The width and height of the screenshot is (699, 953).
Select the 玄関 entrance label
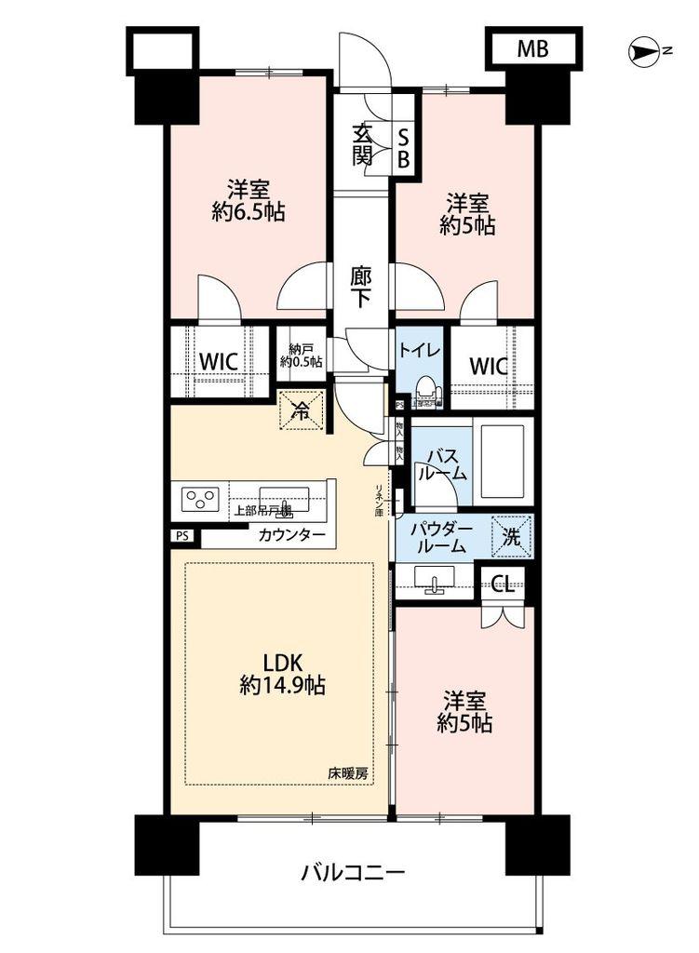tap(363, 145)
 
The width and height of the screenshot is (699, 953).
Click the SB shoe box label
tap(404, 147)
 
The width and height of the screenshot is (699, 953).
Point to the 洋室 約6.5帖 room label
tap(247, 199)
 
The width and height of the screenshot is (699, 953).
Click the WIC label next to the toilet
tap(490, 366)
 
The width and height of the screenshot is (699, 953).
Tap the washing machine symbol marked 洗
tap(512, 537)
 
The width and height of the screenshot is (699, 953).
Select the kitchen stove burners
tap(200, 500)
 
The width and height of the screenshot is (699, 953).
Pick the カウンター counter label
tap(292, 535)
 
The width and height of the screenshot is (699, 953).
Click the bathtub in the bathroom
tap(503, 462)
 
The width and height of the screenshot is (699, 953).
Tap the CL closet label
tap(502, 585)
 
